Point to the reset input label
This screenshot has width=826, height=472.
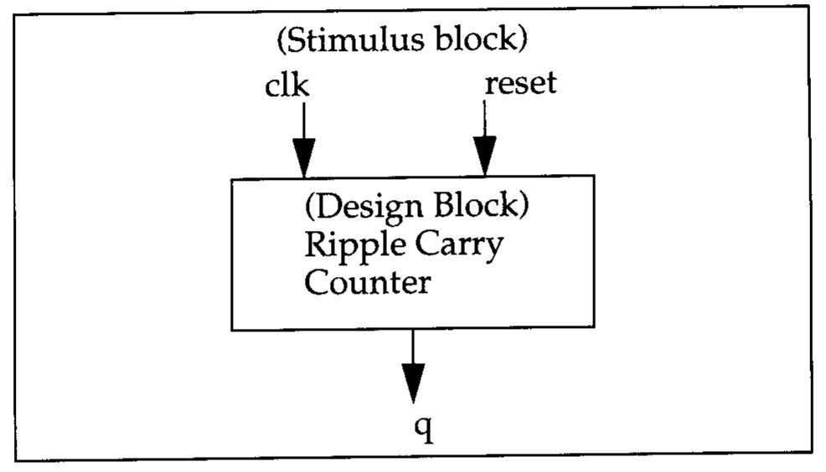coord(520,85)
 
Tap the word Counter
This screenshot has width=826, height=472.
coord(367,282)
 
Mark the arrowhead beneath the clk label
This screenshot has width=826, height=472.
coord(303,157)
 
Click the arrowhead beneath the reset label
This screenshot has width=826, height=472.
coord(484,157)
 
